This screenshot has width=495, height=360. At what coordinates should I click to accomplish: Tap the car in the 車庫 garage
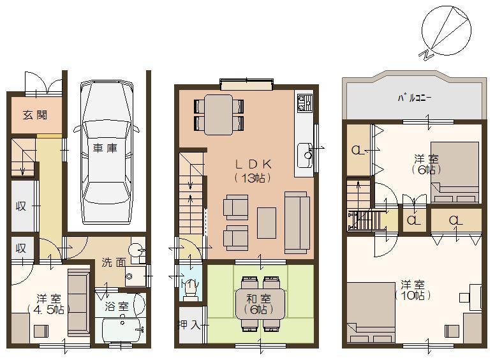click(106, 144)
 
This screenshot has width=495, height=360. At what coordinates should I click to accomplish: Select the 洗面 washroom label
click(113, 262)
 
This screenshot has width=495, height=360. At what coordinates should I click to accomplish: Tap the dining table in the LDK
click(219, 115)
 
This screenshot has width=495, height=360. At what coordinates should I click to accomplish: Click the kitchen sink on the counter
click(305, 154)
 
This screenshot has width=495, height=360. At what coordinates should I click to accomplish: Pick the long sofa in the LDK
click(297, 221)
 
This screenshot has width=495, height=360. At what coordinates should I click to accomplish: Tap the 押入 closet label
click(189, 324)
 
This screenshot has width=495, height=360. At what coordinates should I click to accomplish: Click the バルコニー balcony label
click(415, 99)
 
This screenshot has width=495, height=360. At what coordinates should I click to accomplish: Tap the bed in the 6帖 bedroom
click(455, 171)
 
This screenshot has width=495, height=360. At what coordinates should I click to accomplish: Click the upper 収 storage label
click(20, 206)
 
